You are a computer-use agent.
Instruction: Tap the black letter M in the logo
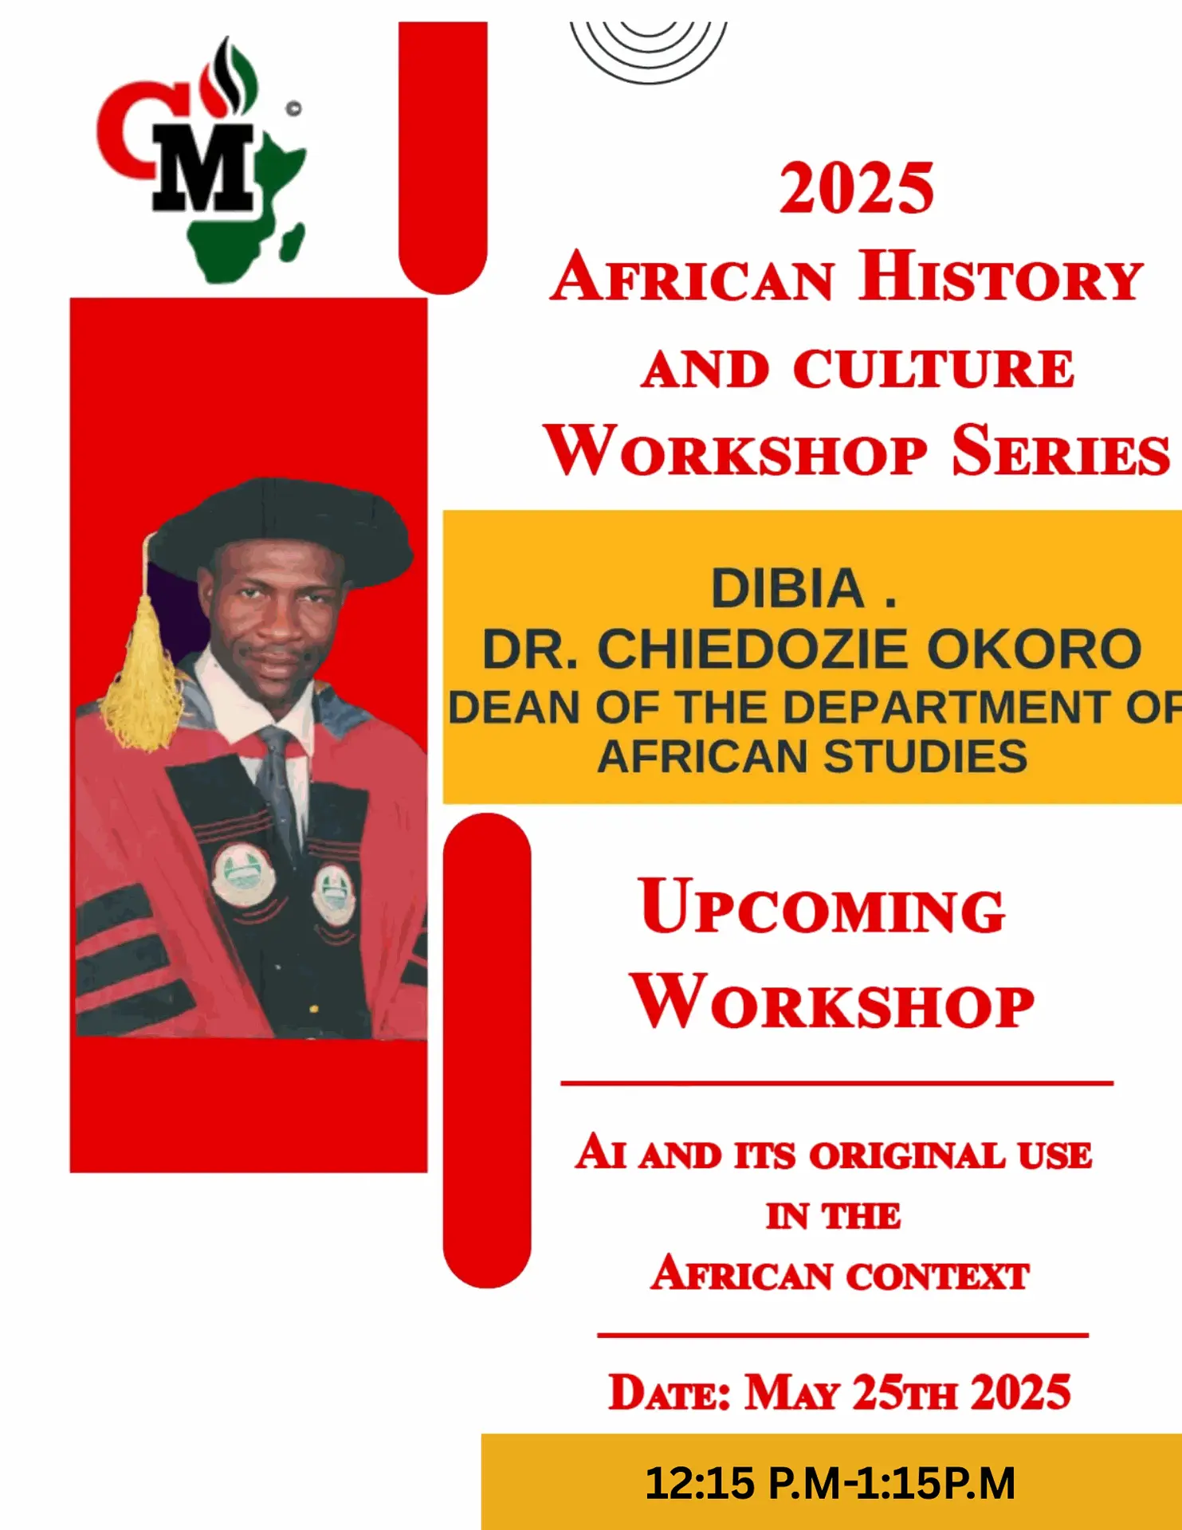click(204, 168)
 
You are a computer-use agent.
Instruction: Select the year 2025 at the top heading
click(857, 188)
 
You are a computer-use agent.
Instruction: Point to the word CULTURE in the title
click(933, 369)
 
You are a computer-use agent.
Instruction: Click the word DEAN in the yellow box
click(514, 707)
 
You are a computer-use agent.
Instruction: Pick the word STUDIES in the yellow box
click(925, 756)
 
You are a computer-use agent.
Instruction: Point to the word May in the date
click(792, 1393)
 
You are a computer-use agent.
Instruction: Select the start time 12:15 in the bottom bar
click(699, 1483)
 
